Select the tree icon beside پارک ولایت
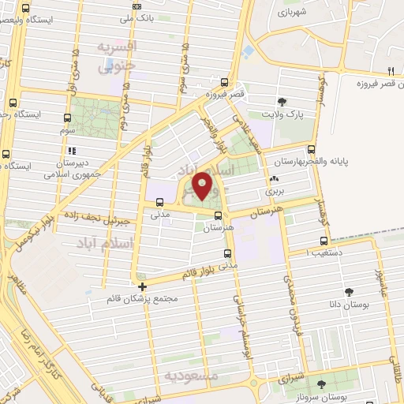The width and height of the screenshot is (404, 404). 282,101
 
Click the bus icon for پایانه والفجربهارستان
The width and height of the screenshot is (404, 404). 311,148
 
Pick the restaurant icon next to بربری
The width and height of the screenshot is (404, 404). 273,179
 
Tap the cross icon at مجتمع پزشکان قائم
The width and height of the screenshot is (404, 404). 142,286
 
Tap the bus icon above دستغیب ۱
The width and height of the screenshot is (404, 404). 324,241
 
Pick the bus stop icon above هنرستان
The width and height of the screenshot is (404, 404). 217,214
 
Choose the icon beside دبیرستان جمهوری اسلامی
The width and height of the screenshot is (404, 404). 72,150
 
